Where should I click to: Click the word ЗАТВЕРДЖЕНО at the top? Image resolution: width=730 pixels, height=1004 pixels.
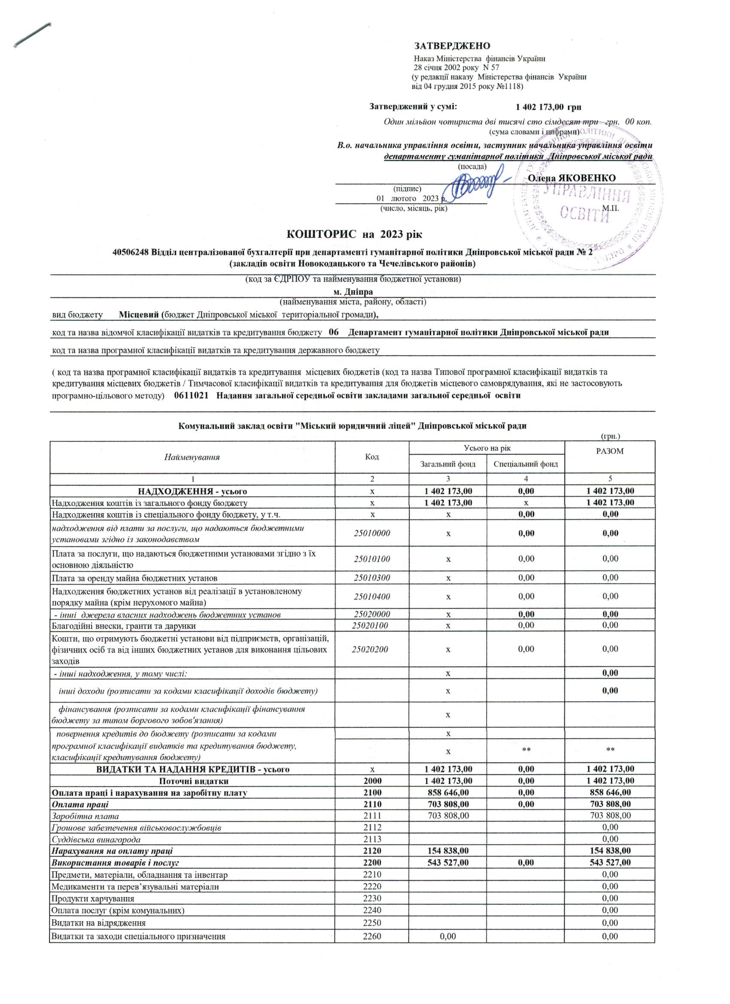point(452,46)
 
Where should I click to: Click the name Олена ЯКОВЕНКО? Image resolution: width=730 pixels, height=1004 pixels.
point(572,178)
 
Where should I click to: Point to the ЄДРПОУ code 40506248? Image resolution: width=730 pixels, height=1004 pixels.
point(131,253)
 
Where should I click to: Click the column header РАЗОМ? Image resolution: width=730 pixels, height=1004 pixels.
point(610,451)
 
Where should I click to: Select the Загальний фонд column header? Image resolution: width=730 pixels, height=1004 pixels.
point(448,464)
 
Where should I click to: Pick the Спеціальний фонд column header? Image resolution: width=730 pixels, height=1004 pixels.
point(526,464)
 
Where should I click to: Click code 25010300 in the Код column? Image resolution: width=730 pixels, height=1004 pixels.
point(372,578)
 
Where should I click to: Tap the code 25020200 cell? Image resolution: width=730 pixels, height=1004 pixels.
point(372,649)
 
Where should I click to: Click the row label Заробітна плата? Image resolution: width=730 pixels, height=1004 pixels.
point(85,815)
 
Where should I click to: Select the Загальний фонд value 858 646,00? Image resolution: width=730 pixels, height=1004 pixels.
point(448,792)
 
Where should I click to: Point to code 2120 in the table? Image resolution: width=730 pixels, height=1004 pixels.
point(372,851)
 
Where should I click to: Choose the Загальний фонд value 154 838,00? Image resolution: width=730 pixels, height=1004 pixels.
point(448,851)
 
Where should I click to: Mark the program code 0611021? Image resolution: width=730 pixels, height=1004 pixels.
point(191,396)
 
